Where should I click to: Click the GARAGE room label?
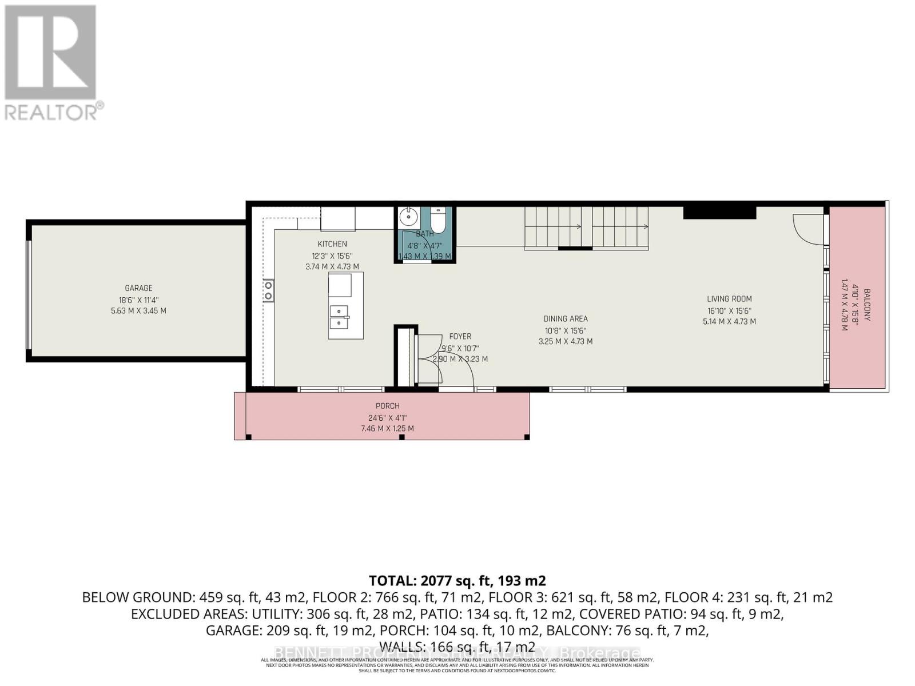[138, 288]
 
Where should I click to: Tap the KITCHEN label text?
[332, 244]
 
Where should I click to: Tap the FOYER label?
[460, 337]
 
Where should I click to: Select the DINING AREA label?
[565, 319]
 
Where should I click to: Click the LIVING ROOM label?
[729, 298]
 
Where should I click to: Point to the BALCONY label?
[867, 304]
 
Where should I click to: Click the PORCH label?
[387, 406]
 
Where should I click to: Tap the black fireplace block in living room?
[719, 213]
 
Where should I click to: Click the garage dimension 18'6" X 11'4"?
[138, 300]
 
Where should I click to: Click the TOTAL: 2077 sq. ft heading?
[457, 581]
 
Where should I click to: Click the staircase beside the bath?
[586, 227]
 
